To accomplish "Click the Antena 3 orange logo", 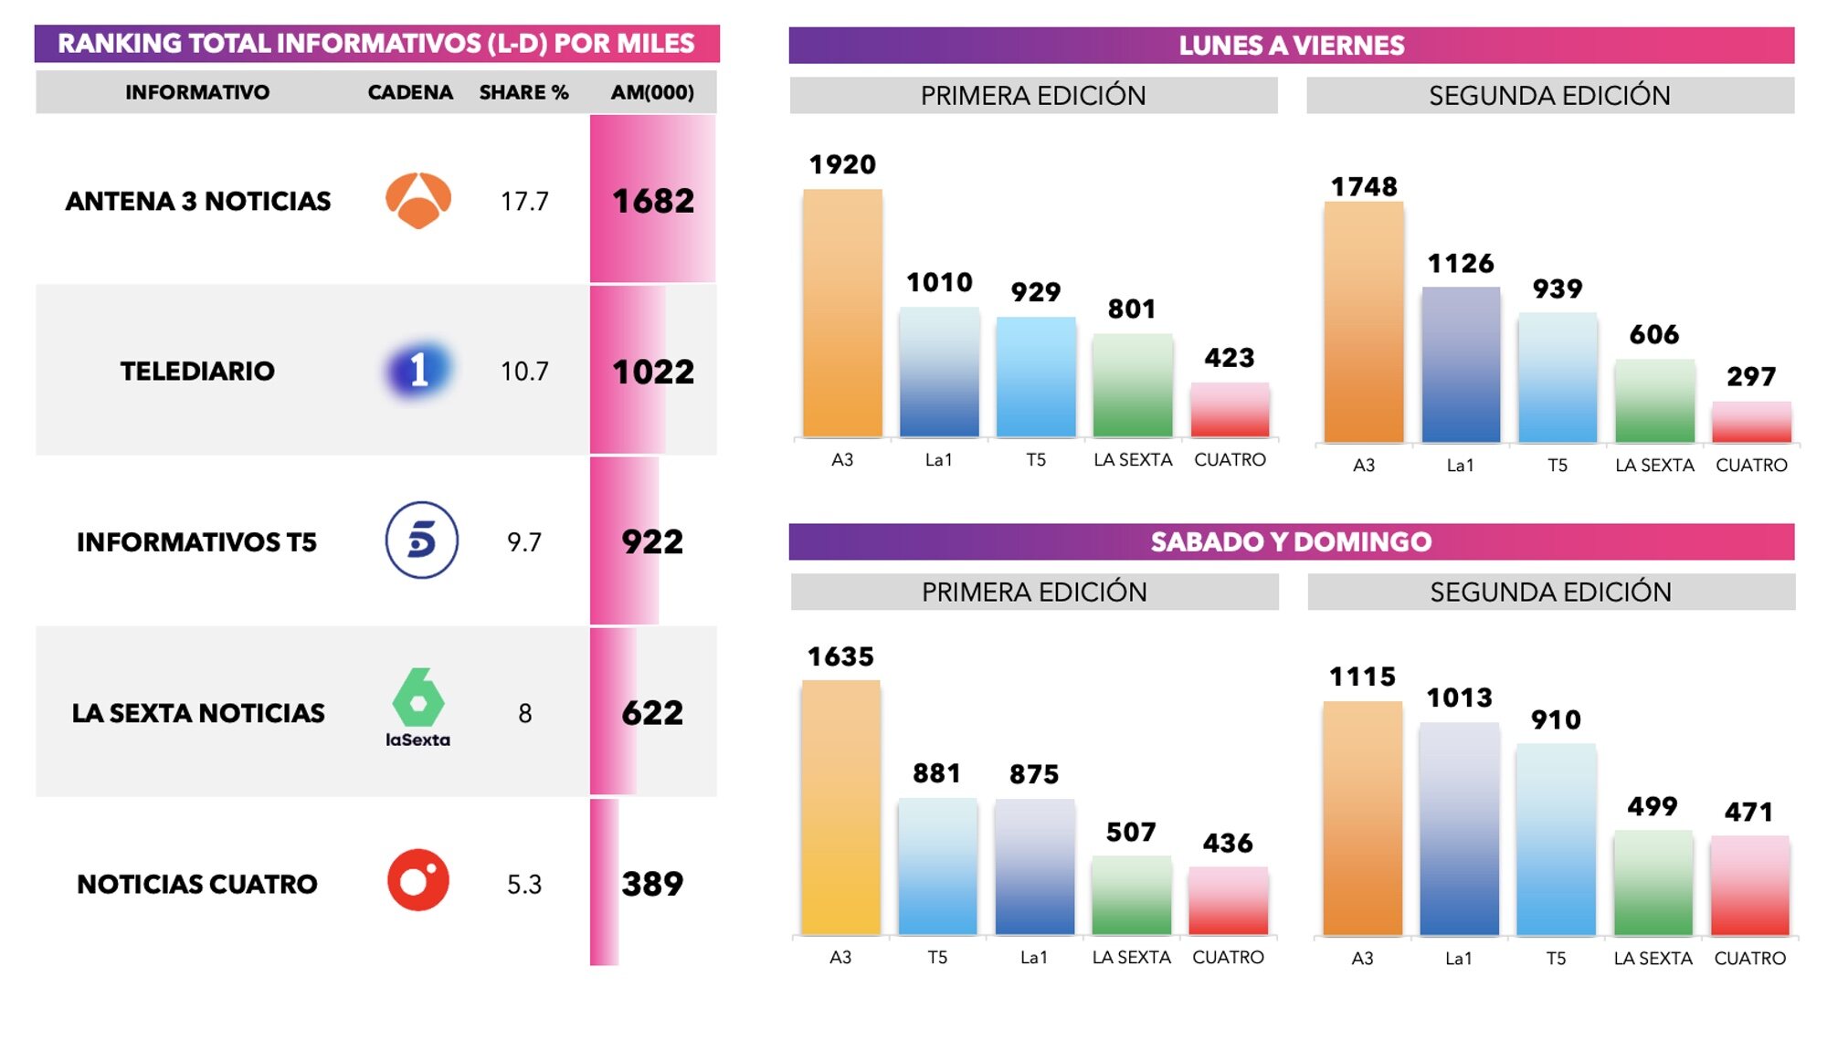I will coord(418,200).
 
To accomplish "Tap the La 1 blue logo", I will coord(418,370).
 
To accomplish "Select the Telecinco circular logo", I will coord(421,540).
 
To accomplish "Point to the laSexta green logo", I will coord(418,707).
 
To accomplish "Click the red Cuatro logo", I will coord(418,881).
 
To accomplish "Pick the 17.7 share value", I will coord(524,201).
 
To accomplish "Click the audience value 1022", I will coord(653,372).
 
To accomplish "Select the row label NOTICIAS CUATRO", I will coord(197,884).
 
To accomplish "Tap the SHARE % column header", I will coord(523,92).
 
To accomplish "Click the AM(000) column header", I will coord(652,92).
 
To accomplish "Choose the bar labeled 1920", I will coord(842,313).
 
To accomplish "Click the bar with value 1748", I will coord(1364,322).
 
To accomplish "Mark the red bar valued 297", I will coord(1751,422).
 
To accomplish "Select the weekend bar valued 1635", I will coord(840,807).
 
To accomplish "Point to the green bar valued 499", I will coord(1653,883).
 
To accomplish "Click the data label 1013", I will coord(1460,698).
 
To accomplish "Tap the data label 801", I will coord(1132,310).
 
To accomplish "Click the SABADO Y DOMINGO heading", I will coord(1291,541).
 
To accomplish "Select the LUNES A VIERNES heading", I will coord(1291,45).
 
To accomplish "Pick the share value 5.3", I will coord(524,884).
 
